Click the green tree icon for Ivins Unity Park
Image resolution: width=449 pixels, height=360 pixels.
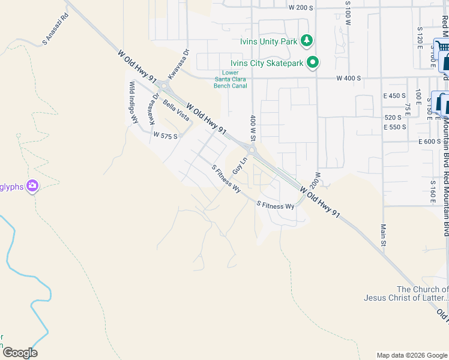pos(307,40)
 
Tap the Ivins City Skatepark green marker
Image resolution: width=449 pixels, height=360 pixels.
pos(313,62)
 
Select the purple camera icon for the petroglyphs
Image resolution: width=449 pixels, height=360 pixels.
pos(32,187)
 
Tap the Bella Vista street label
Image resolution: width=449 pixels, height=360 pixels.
pos(176,110)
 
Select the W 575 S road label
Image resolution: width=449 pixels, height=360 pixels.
pos(166,136)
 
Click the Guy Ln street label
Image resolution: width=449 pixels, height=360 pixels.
pos(240,166)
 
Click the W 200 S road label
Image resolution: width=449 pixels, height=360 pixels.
pos(301,8)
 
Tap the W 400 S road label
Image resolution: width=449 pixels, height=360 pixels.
pos(349,78)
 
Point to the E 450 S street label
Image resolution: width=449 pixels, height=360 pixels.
pos(395,95)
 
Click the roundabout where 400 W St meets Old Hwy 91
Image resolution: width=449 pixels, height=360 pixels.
pos(252,150)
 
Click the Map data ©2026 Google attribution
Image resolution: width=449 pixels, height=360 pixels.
pos(411,355)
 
